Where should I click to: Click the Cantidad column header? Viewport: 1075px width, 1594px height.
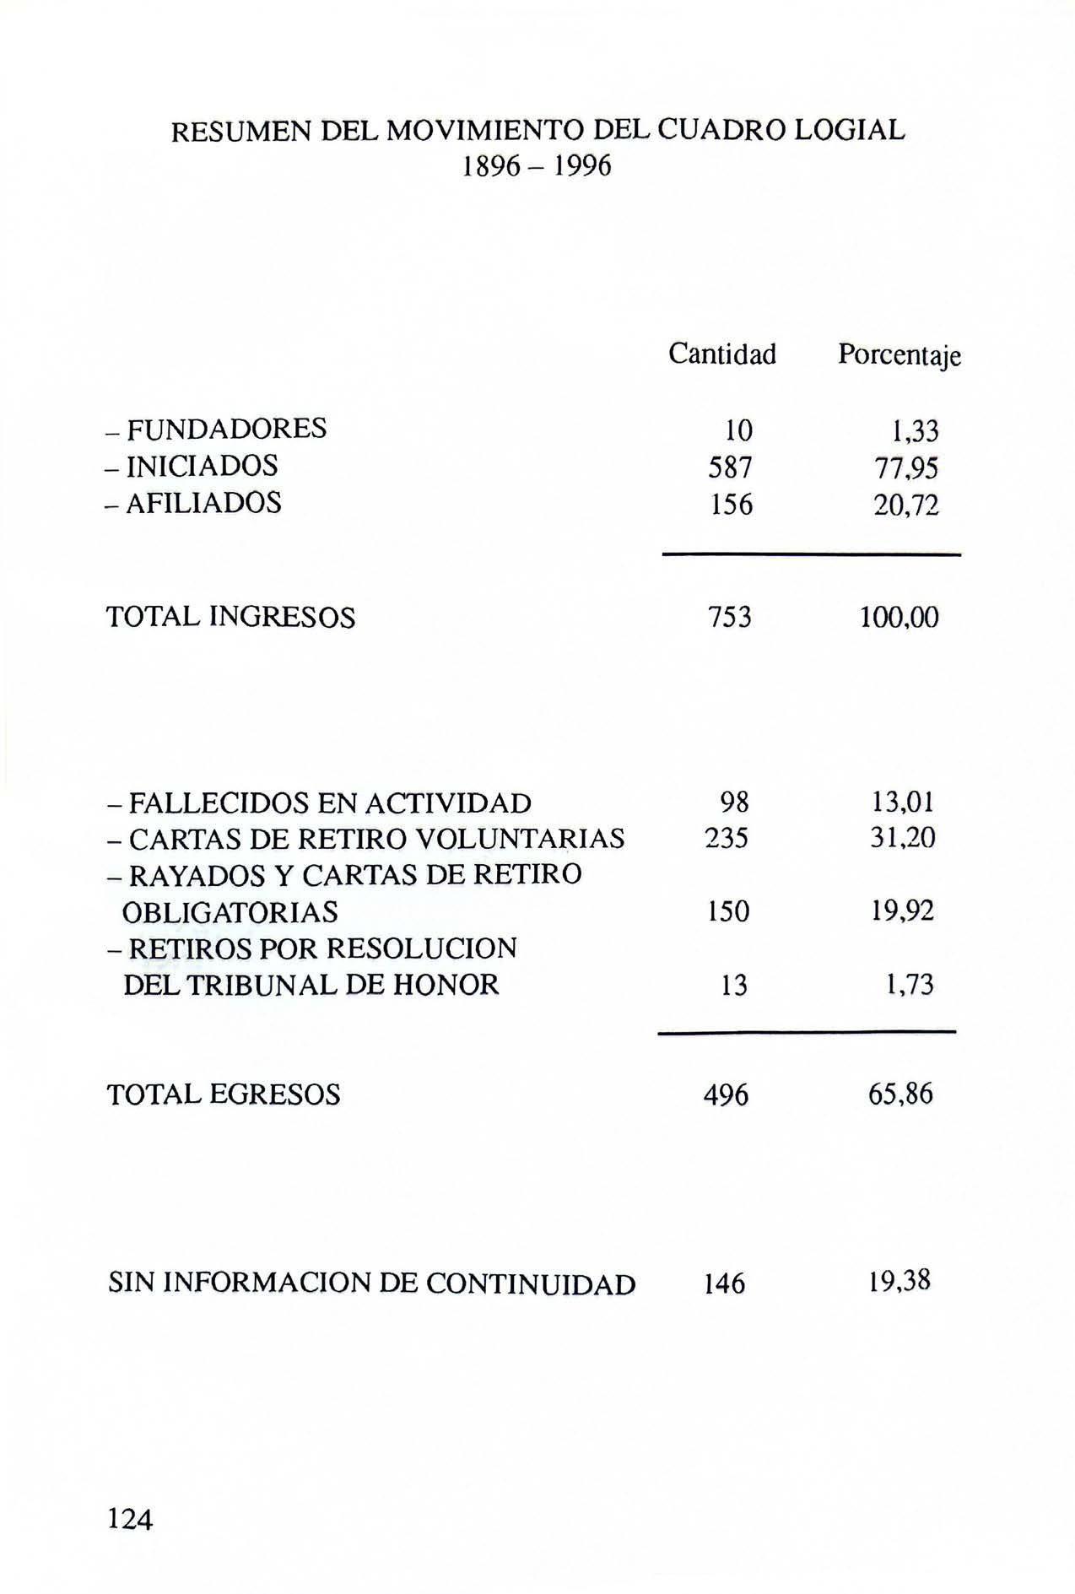721,354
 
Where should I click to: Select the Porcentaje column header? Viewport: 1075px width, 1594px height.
899,356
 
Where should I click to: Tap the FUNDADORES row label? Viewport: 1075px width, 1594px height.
217,430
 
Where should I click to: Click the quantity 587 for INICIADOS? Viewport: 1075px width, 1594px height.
730,467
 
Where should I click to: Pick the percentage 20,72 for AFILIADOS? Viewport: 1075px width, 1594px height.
906,505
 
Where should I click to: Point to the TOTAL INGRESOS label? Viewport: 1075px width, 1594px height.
231,618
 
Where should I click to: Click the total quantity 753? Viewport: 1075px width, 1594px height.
730,618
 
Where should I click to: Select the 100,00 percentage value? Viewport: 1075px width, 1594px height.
899,619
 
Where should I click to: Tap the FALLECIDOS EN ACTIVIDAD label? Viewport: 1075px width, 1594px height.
320,802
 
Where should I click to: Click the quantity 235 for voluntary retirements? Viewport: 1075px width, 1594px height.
727,839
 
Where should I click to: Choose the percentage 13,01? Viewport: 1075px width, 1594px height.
903,802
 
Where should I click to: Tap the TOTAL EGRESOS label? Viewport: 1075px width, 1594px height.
224,1095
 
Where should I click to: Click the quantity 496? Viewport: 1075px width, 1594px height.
727,1095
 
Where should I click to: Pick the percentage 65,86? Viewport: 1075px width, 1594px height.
900,1095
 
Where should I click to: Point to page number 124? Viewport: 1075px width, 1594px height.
130,1519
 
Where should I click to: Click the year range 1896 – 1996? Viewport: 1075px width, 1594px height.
537,167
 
